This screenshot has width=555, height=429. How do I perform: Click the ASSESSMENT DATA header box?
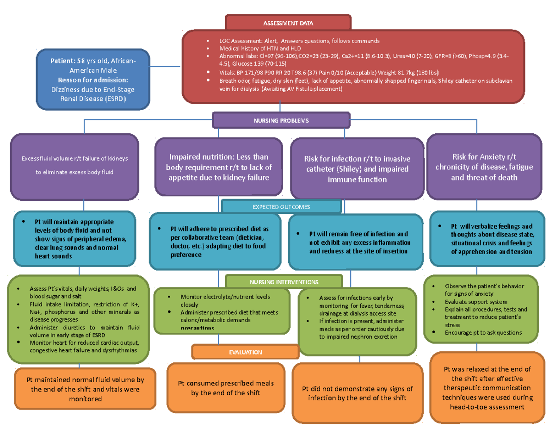pos(288,22)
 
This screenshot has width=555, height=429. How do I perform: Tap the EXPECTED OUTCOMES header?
pos(281,206)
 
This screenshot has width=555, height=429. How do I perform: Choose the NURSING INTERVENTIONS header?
pos(284,281)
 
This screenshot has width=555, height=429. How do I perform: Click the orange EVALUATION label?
pos(245,352)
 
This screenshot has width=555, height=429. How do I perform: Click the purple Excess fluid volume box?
pos(75,166)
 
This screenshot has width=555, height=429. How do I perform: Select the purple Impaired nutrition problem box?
pos(219,167)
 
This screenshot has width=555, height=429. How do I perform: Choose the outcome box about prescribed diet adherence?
pos(218,242)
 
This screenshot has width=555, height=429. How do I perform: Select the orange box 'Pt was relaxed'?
pos(487,388)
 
